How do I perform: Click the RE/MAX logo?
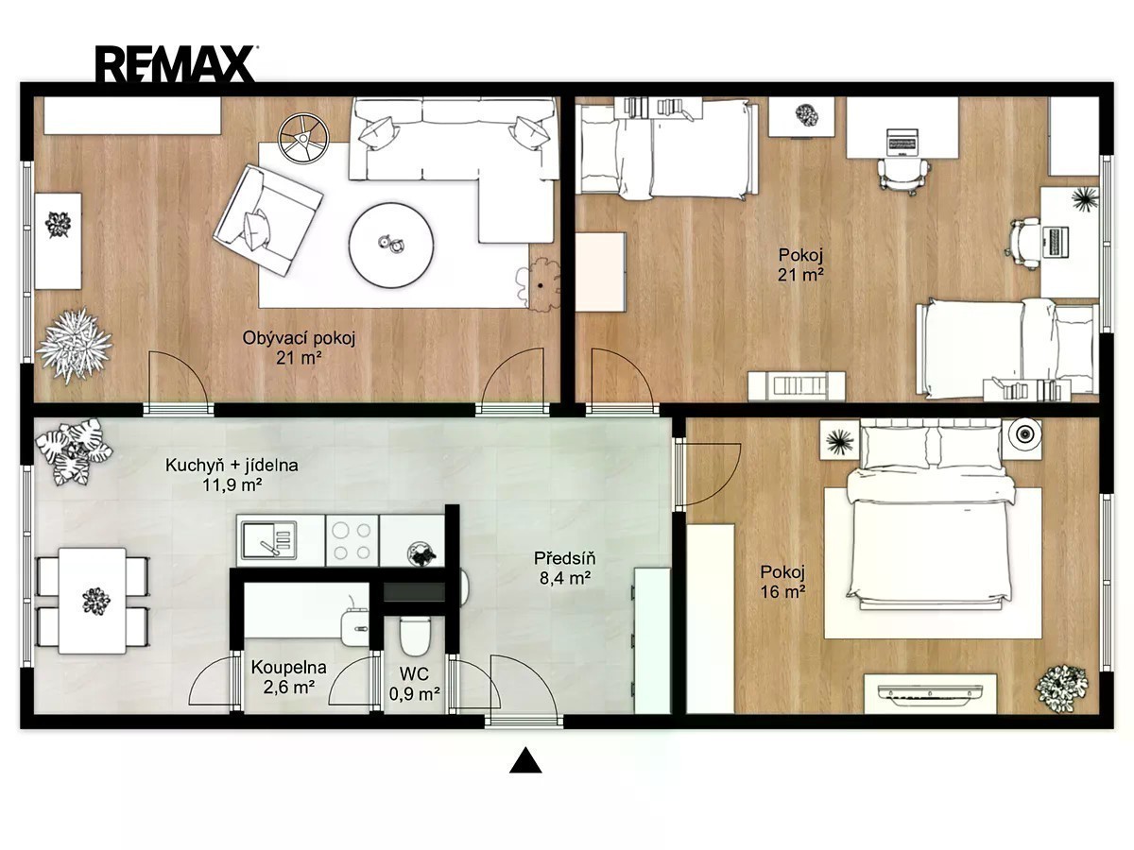point(175,63)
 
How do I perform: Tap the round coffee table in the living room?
point(390,244)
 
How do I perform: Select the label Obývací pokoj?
point(300,338)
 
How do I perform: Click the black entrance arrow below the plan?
point(525,760)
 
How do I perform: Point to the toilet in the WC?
point(415,635)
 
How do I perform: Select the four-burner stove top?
point(352,540)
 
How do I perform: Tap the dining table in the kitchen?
point(93,602)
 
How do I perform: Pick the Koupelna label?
point(289,668)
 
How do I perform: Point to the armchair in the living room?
point(268,219)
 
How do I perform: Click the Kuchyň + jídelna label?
point(232,466)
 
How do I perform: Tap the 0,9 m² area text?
point(414,694)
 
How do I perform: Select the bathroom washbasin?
point(356,626)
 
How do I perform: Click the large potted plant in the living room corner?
point(74,345)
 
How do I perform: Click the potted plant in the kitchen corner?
point(74,451)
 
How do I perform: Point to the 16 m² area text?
point(782,591)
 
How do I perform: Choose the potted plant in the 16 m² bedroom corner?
point(1061,689)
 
